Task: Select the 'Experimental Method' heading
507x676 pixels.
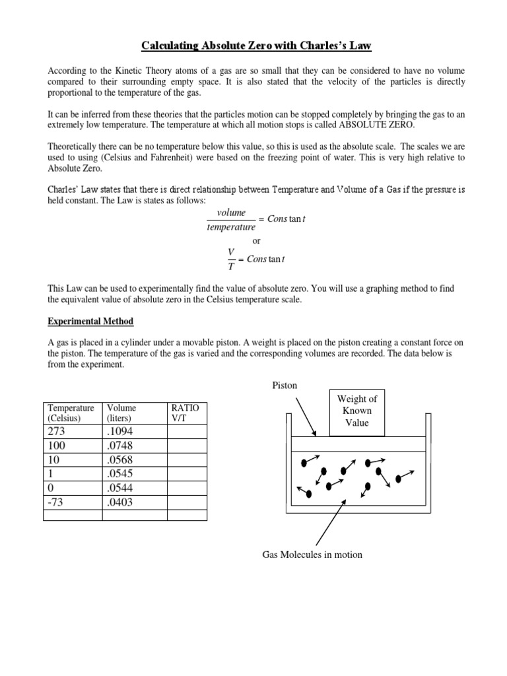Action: click(x=90, y=321)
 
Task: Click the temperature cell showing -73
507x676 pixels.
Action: click(x=57, y=502)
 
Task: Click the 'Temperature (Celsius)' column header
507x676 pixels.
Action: click(x=71, y=413)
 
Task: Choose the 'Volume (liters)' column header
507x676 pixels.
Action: click(x=121, y=413)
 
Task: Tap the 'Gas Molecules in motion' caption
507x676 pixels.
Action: click(x=312, y=555)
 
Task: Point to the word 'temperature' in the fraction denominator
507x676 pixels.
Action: click(x=231, y=226)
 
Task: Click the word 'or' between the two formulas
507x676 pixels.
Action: click(x=257, y=241)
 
